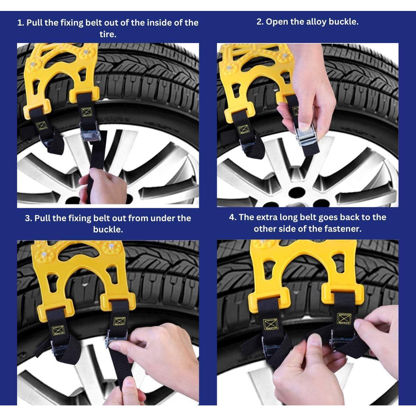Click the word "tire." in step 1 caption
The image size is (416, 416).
pyautogui.click(x=108, y=34)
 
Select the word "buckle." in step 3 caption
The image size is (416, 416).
pyautogui.click(x=108, y=229)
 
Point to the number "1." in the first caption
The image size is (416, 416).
pyautogui.click(x=21, y=23)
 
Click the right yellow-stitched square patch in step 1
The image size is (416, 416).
pyautogui.click(x=86, y=112)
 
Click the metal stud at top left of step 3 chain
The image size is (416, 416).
pyautogui.click(x=44, y=254)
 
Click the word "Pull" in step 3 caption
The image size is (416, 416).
pyautogui.click(x=42, y=218)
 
